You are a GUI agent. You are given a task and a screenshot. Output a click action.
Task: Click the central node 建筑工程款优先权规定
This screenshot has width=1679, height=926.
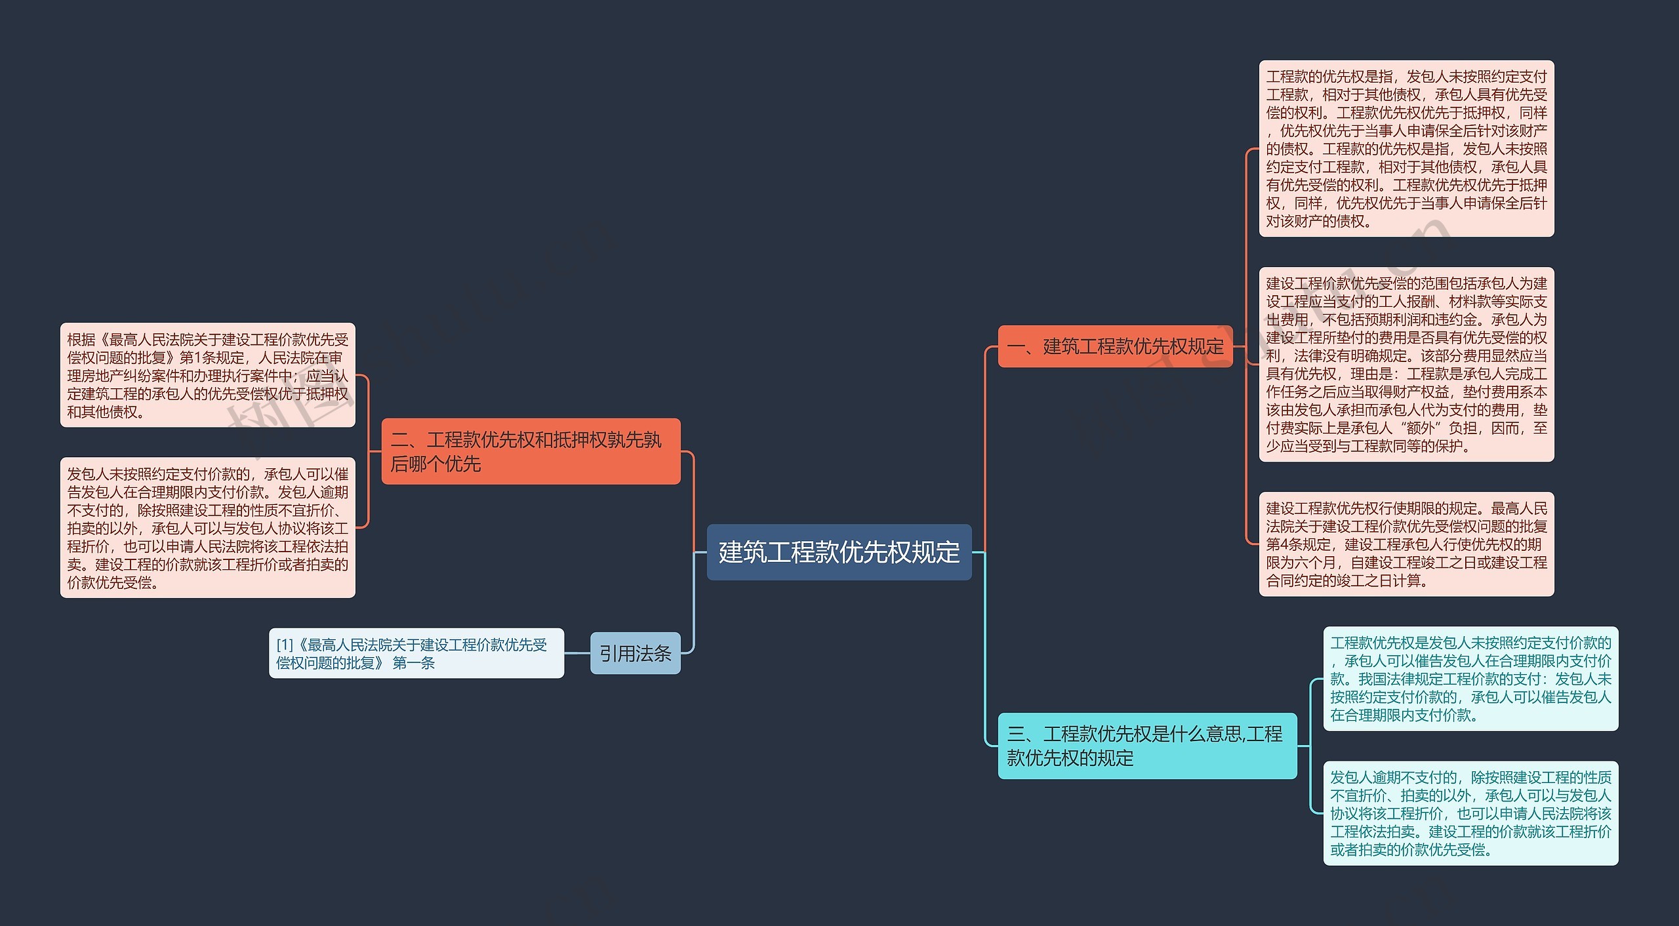tap(839, 552)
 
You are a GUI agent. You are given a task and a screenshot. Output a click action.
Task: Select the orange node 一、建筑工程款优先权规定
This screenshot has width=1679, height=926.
tap(1115, 346)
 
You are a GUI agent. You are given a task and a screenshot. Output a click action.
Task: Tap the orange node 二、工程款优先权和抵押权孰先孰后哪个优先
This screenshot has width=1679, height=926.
tap(531, 451)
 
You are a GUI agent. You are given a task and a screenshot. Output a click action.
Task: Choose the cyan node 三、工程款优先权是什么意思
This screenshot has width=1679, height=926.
tap(1147, 746)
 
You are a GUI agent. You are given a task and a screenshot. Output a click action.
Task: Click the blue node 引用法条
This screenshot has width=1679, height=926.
tap(635, 653)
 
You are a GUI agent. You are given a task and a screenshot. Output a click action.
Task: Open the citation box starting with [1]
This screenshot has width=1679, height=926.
tap(416, 653)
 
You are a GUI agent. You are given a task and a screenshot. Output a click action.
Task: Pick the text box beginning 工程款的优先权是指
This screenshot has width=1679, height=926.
tap(1406, 149)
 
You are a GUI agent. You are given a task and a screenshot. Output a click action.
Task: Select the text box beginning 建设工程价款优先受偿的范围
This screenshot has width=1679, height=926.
tap(1406, 365)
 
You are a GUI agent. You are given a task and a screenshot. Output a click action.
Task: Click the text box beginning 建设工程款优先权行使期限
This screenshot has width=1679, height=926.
tap(1406, 544)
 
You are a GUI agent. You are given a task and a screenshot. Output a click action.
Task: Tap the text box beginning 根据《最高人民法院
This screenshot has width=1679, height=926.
tap(207, 375)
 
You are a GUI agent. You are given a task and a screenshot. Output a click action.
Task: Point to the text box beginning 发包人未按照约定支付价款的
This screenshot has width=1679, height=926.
tap(207, 528)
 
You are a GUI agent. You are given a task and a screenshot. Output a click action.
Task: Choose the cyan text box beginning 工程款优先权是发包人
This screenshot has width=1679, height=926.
tap(1470, 679)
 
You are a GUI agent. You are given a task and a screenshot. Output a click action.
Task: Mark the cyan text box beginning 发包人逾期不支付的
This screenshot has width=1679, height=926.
tap(1470, 813)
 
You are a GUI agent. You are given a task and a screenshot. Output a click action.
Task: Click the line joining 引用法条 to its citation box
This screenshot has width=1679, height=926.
tap(577, 653)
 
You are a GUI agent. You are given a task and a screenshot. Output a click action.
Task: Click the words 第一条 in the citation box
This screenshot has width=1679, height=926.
tap(414, 663)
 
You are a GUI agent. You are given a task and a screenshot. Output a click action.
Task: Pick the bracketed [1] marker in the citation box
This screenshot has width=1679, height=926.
tap(285, 645)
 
